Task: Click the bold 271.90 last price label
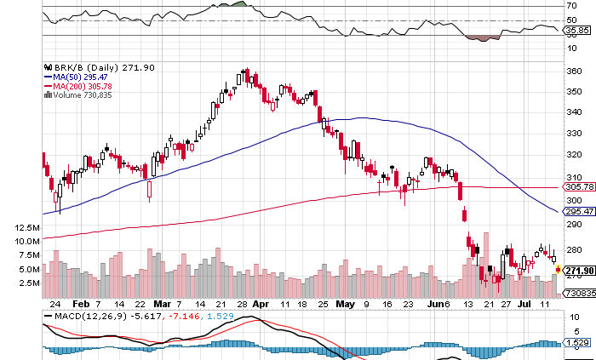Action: [579, 271]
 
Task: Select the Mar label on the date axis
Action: [164, 303]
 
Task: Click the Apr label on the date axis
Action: [261, 303]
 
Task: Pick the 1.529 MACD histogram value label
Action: [577, 342]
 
